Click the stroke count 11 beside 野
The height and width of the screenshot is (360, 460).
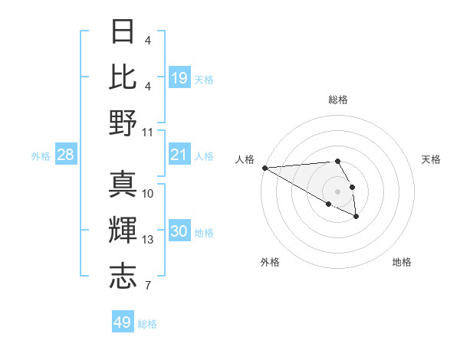pyautogui.click(x=148, y=132)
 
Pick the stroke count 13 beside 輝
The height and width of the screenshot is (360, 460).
pyautogui.click(x=148, y=240)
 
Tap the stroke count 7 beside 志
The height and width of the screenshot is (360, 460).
pyautogui.click(x=148, y=286)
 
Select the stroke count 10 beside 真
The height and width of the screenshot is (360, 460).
pyautogui.click(x=148, y=193)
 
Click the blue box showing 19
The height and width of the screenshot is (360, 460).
pyautogui.click(x=179, y=77)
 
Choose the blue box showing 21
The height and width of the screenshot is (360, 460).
pyautogui.click(x=179, y=155)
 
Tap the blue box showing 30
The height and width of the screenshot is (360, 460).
pyautogui.click(x=179, y=232)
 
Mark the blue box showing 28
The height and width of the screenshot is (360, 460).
pyautogui.click(x=66, y=155)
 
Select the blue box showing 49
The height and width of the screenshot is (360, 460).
pyautogui.click(x=123, y=322)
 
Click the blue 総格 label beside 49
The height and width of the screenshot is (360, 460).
pyautogui.click(x=147, y=324)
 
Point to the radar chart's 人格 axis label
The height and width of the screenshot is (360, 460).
pyautogui.click(x=245, y=159)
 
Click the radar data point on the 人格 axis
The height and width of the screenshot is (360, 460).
pyautogui.click(x=264, y=168)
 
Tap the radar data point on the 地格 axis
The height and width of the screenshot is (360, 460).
pyautogui.click(x=356, y=218)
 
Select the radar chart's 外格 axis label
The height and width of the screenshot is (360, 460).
pyautogui.click(x=270, y=262)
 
